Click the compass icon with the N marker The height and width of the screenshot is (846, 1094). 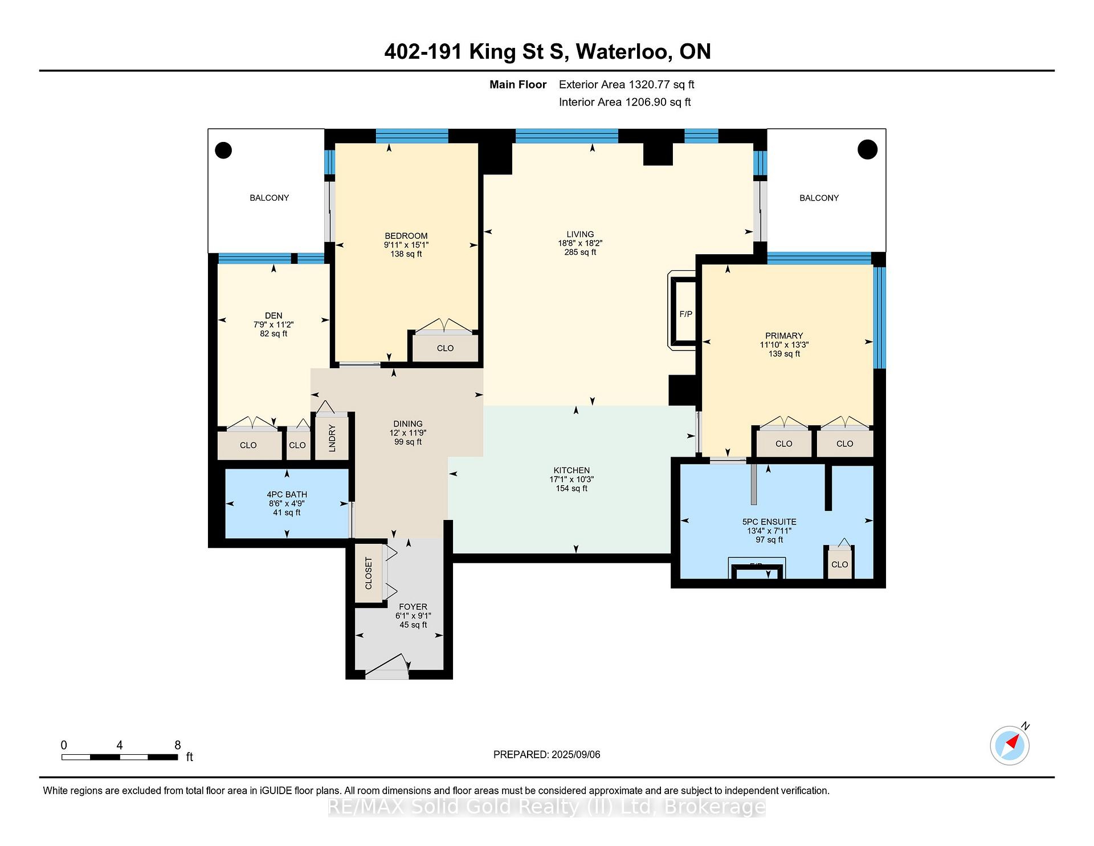[x=1010, y=745]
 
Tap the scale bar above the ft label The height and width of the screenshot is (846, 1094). [x=120, y=757]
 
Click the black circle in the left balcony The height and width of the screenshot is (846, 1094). [x=223, y=151]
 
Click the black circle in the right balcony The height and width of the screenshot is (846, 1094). [x=868, y=149]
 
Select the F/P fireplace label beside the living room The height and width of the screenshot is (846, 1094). [x=686, y=314]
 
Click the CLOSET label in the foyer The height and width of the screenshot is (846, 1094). [x=368, y=574]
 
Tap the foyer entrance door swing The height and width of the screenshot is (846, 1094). [x=387, y=666]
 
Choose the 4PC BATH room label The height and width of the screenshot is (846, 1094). [x=287, y=494]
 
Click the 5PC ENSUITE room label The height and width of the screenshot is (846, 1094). [x=769, y=522]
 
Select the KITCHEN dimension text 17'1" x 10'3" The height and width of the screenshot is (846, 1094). [x=572, y=479]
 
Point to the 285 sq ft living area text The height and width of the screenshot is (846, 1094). [x=580, y=252]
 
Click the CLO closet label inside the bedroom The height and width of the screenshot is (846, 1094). [x=445, y=348]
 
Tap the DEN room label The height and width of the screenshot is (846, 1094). [x=273, y=315]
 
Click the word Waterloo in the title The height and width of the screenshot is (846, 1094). [x=622, y=52]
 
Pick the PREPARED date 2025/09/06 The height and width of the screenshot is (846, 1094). [x=575, y=754]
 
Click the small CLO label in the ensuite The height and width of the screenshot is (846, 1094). [x=840, y=564]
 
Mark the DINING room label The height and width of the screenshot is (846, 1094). [x=408, y=424]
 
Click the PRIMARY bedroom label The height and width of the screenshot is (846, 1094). [x=784, y=336]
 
